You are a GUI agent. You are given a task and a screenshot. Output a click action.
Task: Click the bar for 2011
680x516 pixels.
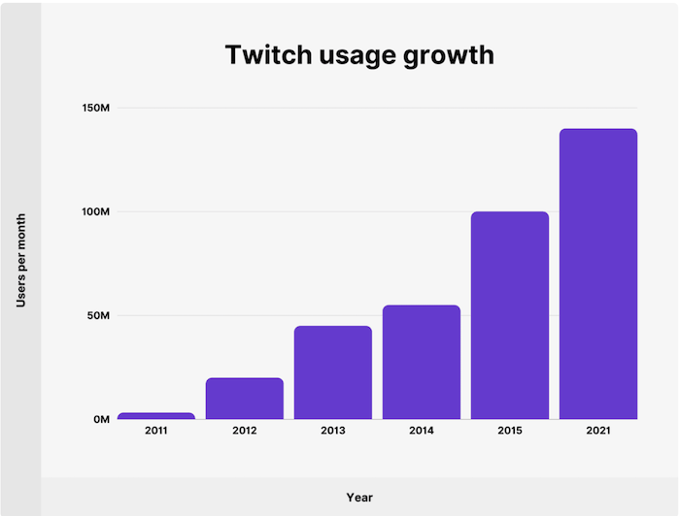[156, 416]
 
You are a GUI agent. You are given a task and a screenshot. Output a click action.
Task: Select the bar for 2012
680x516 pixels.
[245, 399]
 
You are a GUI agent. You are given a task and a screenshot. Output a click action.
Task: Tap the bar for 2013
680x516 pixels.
[333, 372]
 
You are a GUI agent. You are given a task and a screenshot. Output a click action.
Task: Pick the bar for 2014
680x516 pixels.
[422, 362]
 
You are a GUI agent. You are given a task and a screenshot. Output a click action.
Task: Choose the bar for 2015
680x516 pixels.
[510, 315]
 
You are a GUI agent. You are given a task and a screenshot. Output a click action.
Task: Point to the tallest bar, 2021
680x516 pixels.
[598, 274]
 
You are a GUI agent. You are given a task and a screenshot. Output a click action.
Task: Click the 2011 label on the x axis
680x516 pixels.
[156, 431]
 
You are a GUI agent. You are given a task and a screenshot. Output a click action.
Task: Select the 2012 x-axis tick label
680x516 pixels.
[245, 431]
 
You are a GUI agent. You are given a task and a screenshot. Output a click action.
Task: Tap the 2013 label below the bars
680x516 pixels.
[333, 431]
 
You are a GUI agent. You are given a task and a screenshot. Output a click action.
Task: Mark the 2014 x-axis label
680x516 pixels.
[422, 431]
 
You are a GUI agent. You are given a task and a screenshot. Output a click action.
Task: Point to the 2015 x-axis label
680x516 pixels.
[510, 431]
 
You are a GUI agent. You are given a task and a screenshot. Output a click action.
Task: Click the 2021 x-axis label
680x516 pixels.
[598, 431]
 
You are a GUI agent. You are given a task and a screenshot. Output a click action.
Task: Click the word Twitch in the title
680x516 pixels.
[265, 54]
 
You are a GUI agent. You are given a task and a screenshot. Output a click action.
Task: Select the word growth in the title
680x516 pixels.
[447, 56]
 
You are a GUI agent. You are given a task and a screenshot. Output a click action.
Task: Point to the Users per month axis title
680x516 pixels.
[20, 260]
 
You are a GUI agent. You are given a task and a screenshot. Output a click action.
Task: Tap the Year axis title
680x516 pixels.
[359, 498]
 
